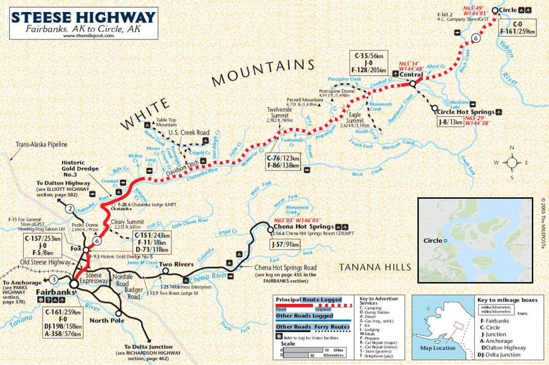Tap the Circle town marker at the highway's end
[495, 10]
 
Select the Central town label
[410, 74]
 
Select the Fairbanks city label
[55, 292]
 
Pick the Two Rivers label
[178, 265]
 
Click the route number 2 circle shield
[70, 208]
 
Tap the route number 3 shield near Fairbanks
[53, 279]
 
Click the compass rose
[512, 162]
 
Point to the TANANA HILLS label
[375, 267]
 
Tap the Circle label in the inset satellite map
[434, 240]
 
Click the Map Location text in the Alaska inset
[436, 348]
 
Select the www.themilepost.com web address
[88, 36]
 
